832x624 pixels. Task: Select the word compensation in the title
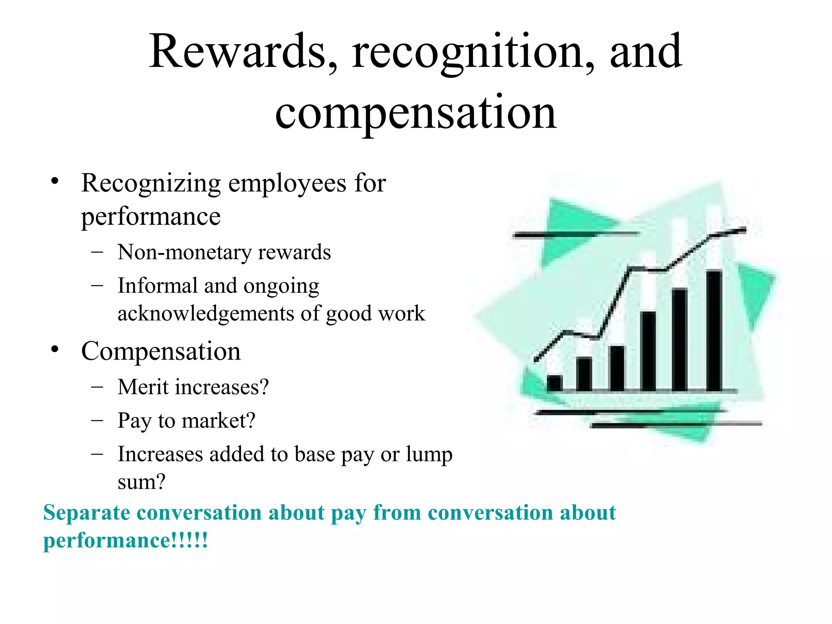point(416,114)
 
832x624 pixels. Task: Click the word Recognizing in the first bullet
point(151,184)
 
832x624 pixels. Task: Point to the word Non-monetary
point(184,252)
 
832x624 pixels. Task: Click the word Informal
point(157,285)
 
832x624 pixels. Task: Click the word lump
point(429,455)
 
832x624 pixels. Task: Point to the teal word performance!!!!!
point(126,541)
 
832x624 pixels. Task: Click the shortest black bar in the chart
point(555,383)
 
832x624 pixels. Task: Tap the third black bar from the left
point(617,368)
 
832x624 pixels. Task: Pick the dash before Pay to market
point(97,420)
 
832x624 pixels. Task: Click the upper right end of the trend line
point(744,230)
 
